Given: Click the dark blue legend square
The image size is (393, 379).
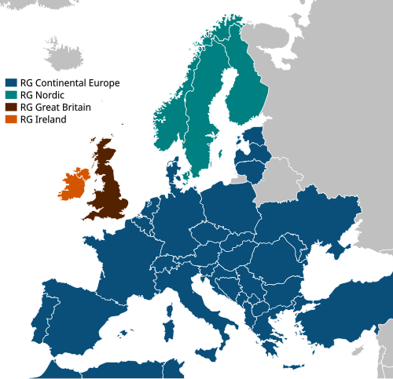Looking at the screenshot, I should [10, 82].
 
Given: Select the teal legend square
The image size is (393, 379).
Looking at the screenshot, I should [10, 95].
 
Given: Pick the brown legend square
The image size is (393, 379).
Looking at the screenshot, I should [10, 108].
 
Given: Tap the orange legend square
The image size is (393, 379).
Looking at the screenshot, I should [10, 119].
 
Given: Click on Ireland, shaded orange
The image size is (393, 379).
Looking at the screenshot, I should [73, 185].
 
